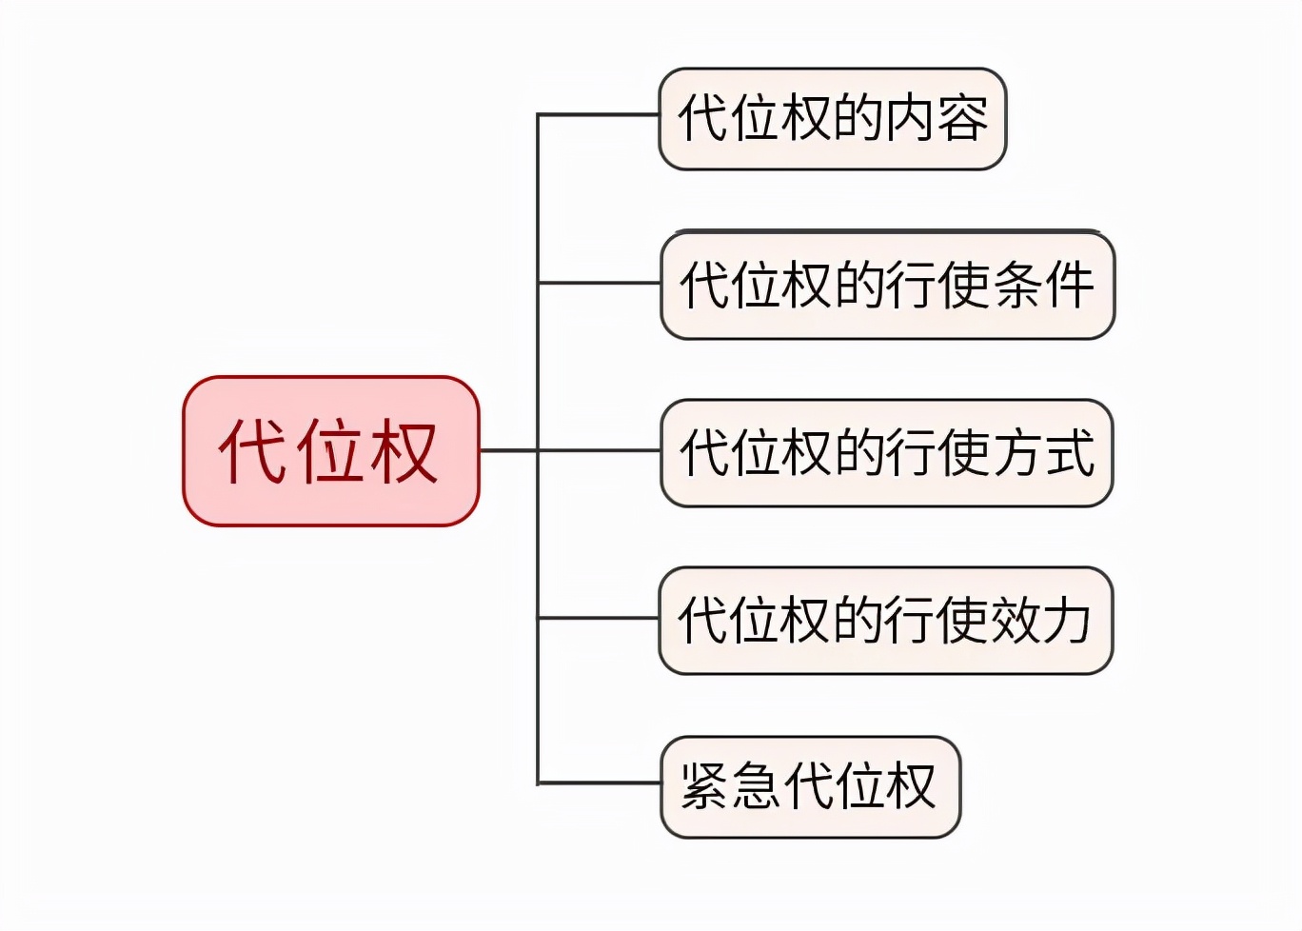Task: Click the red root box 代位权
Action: [x=330, y=450]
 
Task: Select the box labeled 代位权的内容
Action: [x=832, y=119]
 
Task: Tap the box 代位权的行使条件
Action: [x=887, y=285]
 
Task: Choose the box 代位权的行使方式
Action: [x=886, y=452]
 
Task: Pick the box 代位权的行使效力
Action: [x=885, y=621]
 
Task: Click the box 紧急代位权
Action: [x=810, y=786]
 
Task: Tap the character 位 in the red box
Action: [x=328, y=450]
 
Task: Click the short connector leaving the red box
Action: [x=508, y=450]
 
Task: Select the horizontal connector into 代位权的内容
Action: [x=599, y=115]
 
